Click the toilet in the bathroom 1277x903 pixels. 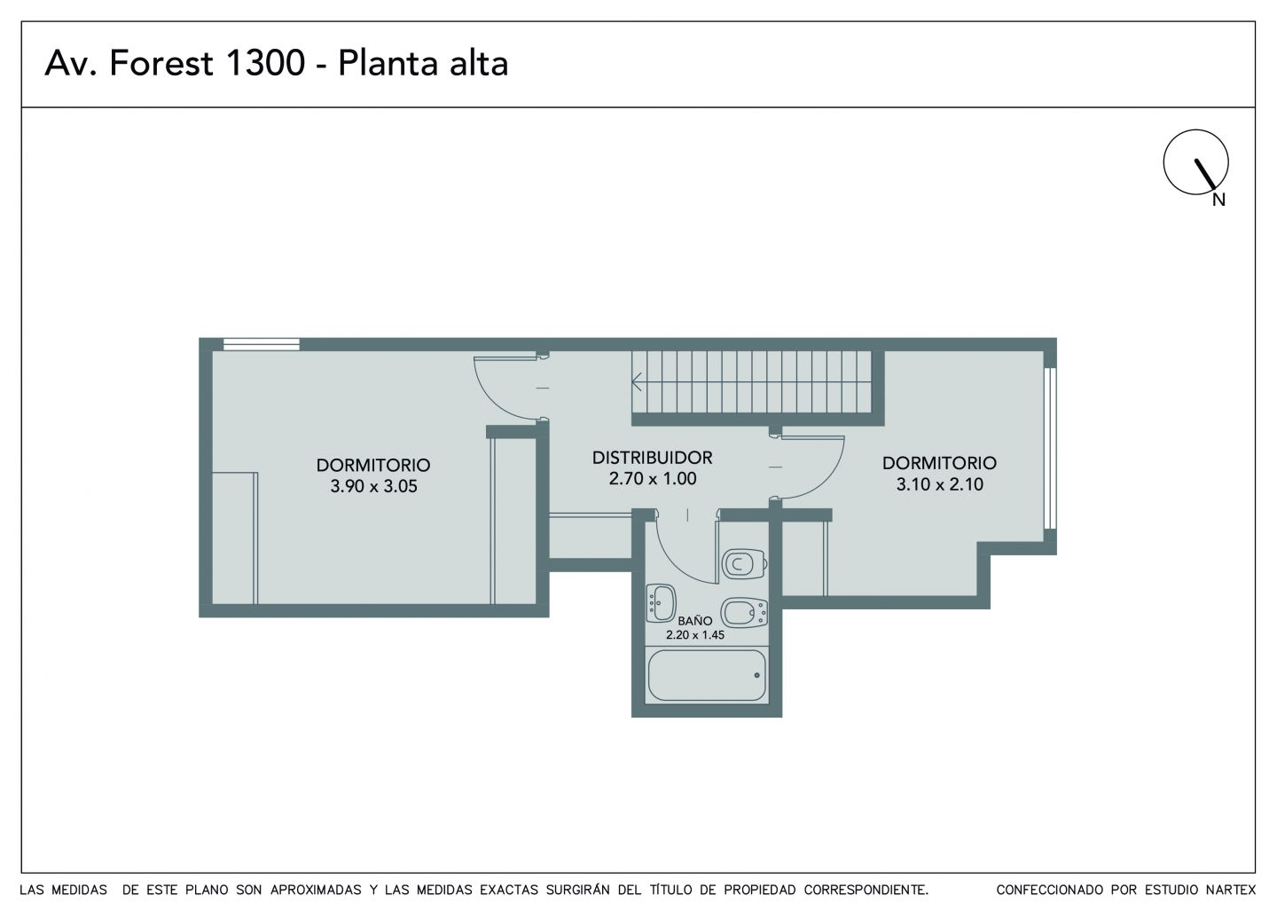coord(744,564)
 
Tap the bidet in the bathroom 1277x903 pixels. coord(744,613)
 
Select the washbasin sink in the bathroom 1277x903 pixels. coord(662,603)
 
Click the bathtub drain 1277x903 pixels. coord(757,676)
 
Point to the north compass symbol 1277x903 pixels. coord(1195,162)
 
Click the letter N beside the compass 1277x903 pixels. coord(1218,200)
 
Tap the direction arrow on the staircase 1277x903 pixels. coord(637,381)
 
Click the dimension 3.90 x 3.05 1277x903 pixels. coord(373,486)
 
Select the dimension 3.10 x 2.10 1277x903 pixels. coord(939,484)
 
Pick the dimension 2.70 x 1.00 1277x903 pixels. coord(652,478)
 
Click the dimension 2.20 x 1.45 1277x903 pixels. coord(695,635)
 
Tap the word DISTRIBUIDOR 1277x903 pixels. coord(652,457)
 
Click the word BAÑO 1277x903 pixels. coord(695,620)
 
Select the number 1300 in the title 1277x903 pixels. coord(265,63)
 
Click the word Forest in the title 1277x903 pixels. coord(161,63)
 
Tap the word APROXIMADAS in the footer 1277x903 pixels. coord(316,890)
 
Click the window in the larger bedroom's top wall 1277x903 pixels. coord(261,344)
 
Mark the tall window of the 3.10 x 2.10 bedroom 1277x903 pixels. coord(1050,448)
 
